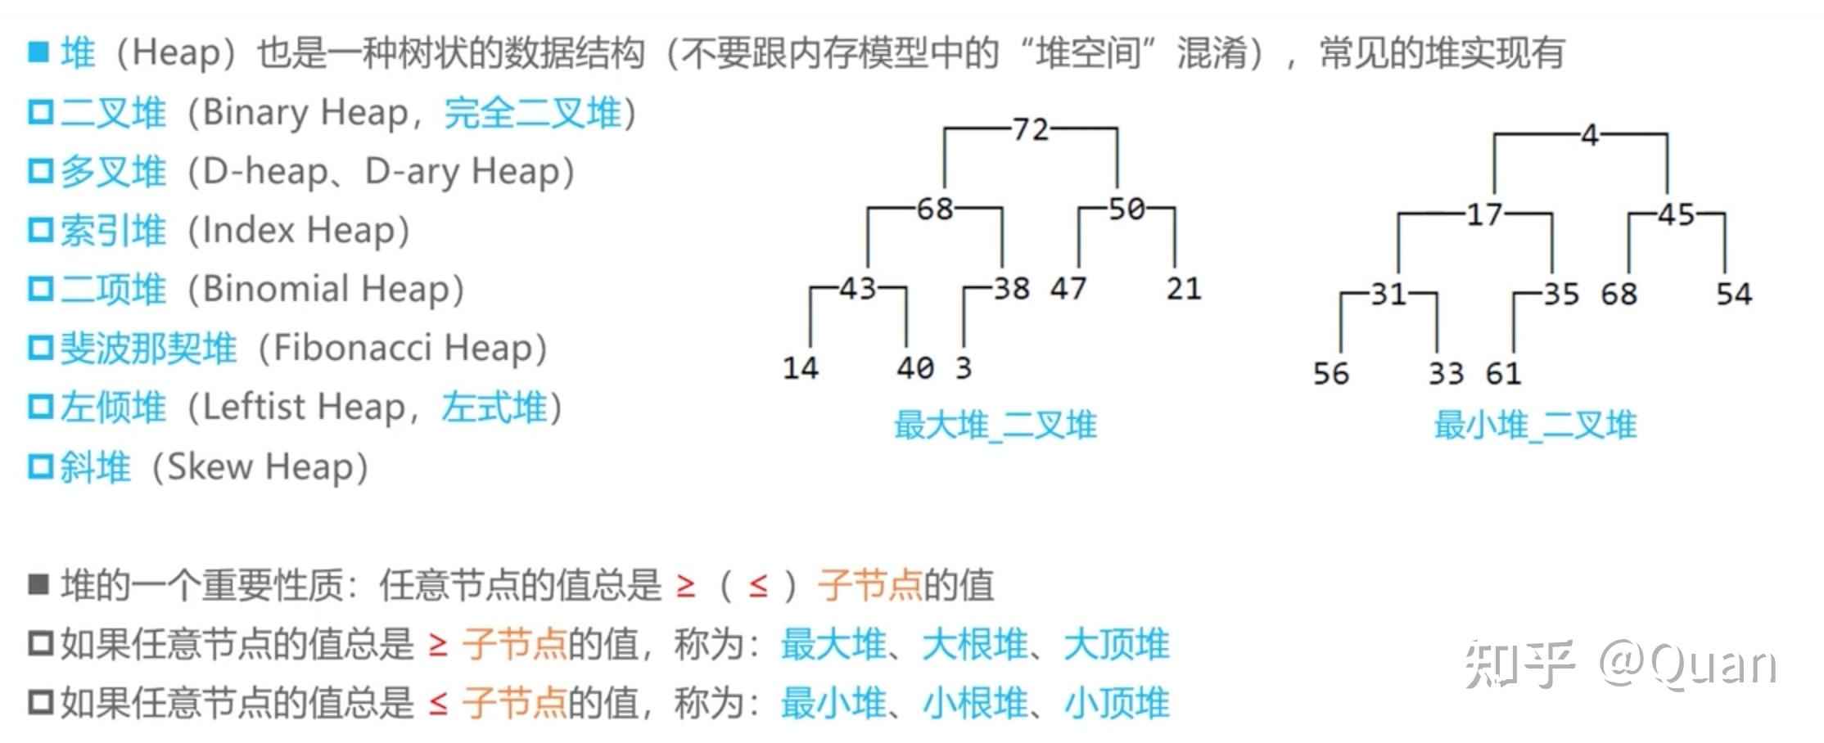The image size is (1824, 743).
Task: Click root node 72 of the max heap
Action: click(x=1030, y=129)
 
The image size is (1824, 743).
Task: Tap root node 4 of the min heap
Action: click(x=1589, y=135)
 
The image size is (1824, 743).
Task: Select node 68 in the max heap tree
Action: click(x=934, y=209)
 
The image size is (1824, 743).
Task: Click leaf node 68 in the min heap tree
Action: click(x=1619, y=294)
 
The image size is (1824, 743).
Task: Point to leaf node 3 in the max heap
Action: click(x=963, y=368)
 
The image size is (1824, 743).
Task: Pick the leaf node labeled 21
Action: click(x=1183, y=289)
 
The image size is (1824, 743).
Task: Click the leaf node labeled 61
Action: click(x=1503, y=374)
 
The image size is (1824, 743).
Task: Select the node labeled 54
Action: click(x=1733, y=294)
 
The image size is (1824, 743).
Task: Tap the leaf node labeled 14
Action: click(x=800, y=368)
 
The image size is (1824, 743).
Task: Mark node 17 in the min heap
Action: click(x=1483, y=214)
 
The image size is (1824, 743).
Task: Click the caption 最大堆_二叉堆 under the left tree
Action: click(x=995, y=426)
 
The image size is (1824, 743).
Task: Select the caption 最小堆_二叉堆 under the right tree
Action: click(x=1535, y=426)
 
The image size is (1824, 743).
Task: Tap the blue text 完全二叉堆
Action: click(x=532, y=113)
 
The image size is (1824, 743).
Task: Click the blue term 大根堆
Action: click(x=974, y=645)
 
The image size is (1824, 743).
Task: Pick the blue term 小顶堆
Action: click(x=1117, y=704)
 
